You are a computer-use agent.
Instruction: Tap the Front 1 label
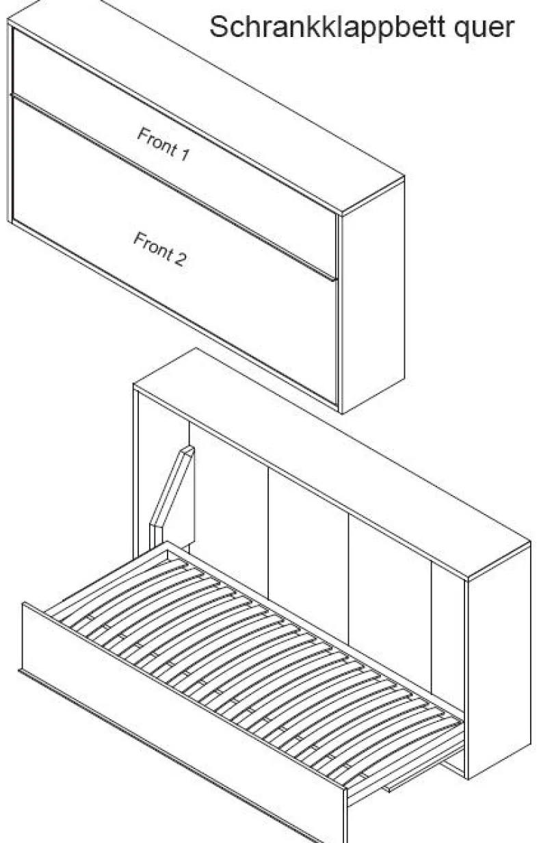163,144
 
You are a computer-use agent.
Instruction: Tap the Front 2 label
160,248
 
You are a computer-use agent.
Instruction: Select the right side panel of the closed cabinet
373,294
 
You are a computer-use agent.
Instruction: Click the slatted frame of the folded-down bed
256,658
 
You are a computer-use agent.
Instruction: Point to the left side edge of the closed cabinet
10,120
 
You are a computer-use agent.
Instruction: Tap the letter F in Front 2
138,239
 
